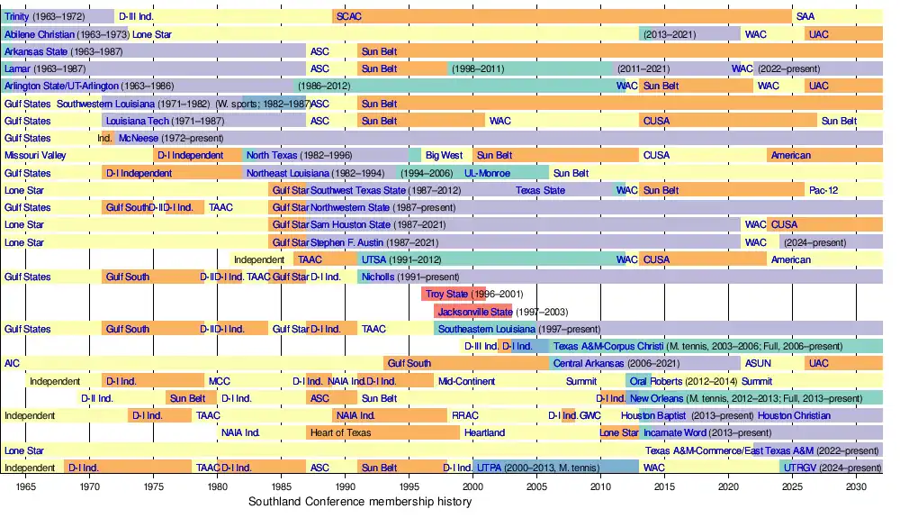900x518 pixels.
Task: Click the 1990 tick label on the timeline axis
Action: (346, 486)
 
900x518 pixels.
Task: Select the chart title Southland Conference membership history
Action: (360, 502)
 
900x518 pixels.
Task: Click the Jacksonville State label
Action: (474, 312)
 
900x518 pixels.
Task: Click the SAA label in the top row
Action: (805, 17)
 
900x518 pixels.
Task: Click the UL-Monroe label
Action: (487, 173)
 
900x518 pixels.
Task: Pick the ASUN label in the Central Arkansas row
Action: (756, 364)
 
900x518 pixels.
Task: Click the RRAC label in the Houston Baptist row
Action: (465, 416)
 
